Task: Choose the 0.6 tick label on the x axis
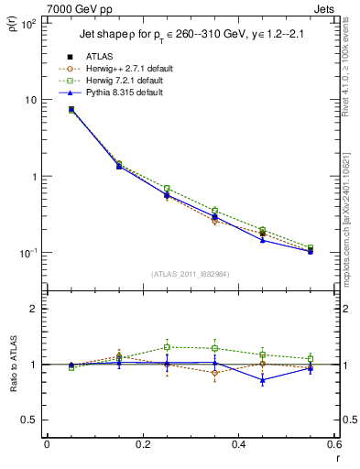click(333, 446)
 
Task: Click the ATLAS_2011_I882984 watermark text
click(191, 274)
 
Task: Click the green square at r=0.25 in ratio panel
click(167, 347)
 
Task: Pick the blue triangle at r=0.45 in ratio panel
click(263, 379)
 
